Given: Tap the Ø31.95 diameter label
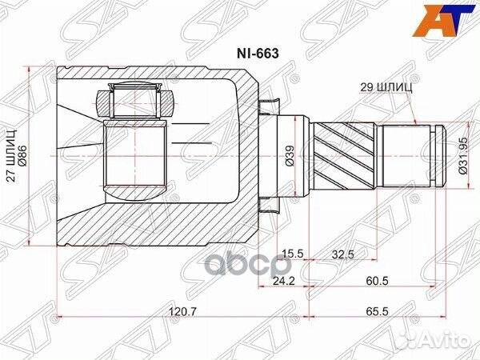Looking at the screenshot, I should [x=462, y=151].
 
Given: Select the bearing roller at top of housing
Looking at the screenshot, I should [x=135, y=103].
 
